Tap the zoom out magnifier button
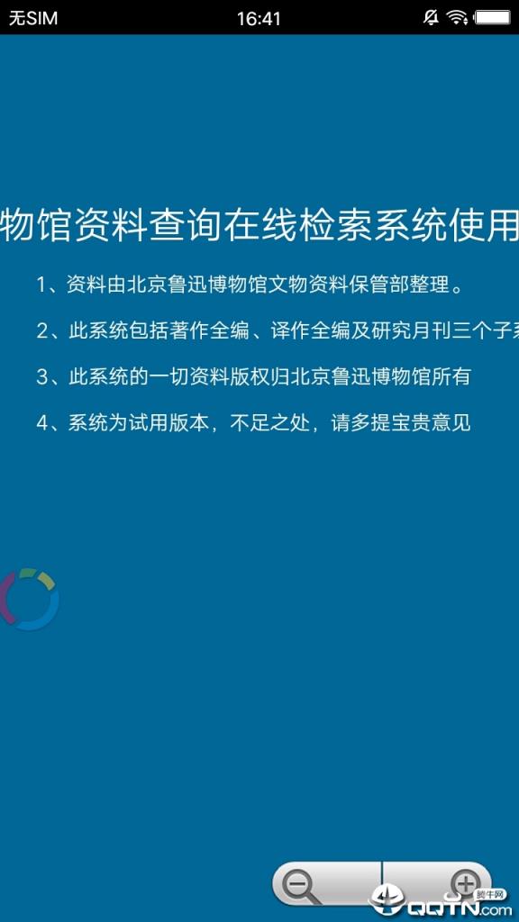coord(299,886)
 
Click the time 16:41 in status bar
coord(259,18)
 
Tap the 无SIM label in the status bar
coord(33,18)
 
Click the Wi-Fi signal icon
coord(458,17)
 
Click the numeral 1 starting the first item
coord(41,285)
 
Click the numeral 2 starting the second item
coord(41,330)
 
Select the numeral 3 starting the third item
coord(41,376)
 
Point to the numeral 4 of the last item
coord(41,422)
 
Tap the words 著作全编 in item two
coord(206,330)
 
